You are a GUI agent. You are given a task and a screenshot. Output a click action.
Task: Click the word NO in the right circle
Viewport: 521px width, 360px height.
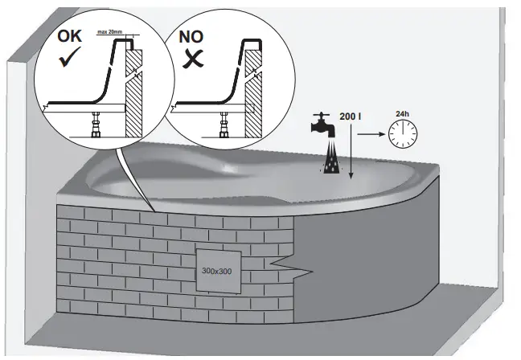pos(190,38)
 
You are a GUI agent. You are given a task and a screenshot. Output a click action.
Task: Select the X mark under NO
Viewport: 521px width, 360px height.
pos(191,59)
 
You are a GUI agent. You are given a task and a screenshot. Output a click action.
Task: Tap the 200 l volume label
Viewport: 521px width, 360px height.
pos(350,117)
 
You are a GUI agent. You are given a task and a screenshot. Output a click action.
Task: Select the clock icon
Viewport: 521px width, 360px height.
pos(402,134)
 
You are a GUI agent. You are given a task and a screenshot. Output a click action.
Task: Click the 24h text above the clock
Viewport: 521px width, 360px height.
pos(403,113)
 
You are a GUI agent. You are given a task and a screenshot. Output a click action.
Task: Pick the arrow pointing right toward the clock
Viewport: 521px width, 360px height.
pos(371,134)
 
